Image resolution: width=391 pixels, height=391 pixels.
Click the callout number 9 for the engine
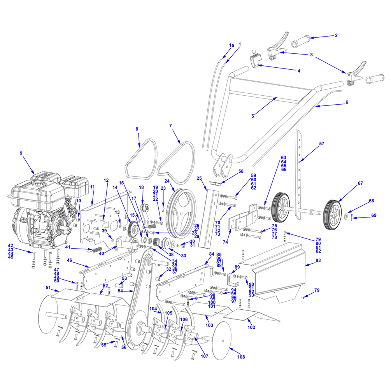21,153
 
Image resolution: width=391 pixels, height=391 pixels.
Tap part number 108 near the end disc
241,357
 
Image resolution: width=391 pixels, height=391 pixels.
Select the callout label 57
321,144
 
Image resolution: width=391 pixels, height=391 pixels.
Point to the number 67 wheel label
360,183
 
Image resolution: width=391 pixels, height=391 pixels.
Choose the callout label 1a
231,45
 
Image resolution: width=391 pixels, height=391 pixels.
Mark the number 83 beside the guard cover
318,264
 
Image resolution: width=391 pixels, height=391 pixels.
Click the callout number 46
69,260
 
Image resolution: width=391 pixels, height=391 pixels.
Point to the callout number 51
48,288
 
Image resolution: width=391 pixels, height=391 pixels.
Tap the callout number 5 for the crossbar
252,116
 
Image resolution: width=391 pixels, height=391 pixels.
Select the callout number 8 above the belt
137,128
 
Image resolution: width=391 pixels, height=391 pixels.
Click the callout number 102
251,327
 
